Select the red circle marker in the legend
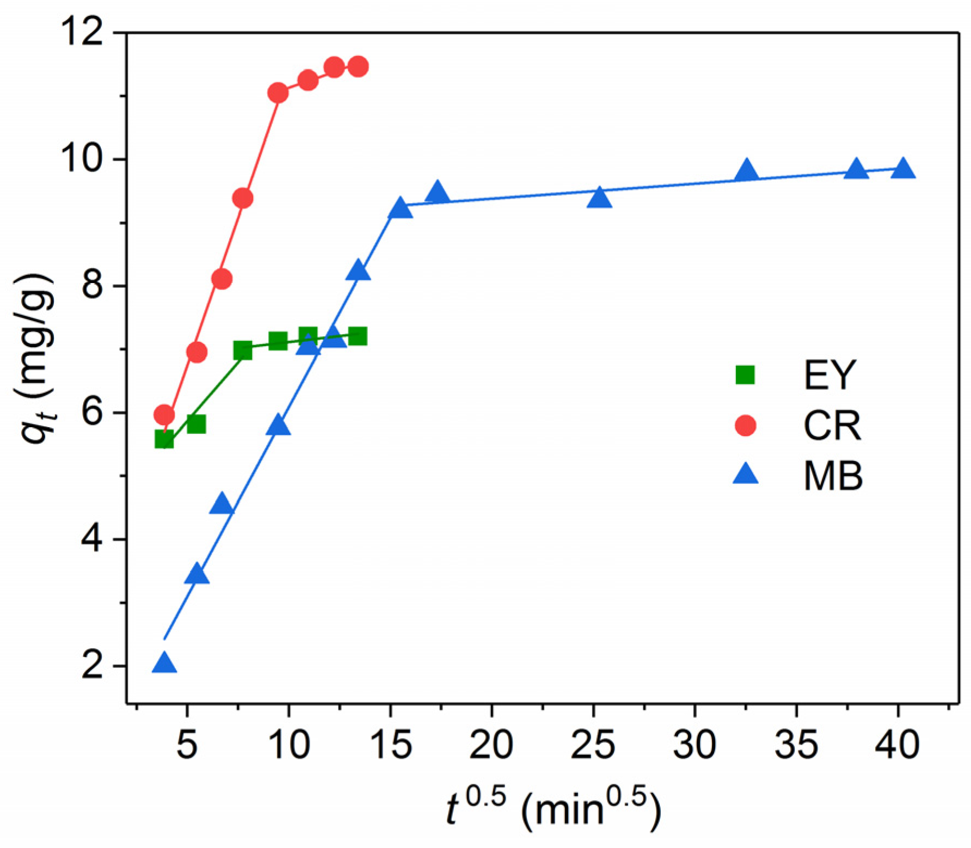[745, 425]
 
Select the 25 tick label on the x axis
[593, 745]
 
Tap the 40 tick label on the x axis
[898, 745]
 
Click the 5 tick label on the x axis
[187, 745]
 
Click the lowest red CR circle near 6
[164, 415]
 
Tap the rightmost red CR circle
[358, 66]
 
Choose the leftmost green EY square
[164, 439]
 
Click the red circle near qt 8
[222, 279]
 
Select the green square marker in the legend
[745, 375]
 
